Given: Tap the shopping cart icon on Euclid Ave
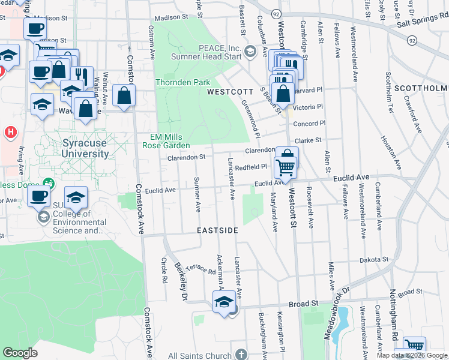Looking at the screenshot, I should (x=286, y=168).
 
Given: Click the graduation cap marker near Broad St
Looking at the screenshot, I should (x=224, y=301).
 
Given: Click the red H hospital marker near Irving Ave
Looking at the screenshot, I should (x=10, y=131).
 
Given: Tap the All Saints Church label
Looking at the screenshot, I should (x=200, y=355).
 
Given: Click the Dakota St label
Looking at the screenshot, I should (x=375, y=260).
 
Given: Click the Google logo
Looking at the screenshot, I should (x=20, y=353).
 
